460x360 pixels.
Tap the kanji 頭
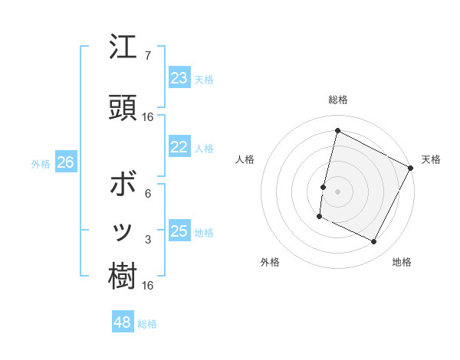[123, 107]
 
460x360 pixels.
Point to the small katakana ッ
[123, 232]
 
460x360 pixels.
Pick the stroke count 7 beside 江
[148, 56]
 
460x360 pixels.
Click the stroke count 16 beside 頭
[148, 117]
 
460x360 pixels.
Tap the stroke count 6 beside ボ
[148, 194]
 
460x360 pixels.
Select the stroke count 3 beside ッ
[148, 240]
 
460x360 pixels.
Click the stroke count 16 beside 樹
[148, 285]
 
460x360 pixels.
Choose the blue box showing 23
[179, 77]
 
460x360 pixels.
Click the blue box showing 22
[179, 147]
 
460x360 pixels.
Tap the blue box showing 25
[179, 231]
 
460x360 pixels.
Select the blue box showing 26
[65, 162]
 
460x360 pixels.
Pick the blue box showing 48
[123, 322]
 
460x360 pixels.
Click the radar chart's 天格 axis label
[431, 159]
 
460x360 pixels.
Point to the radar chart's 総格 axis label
[337, 100]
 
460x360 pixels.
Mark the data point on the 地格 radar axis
[373, 242]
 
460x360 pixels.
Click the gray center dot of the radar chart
[337, 191]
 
